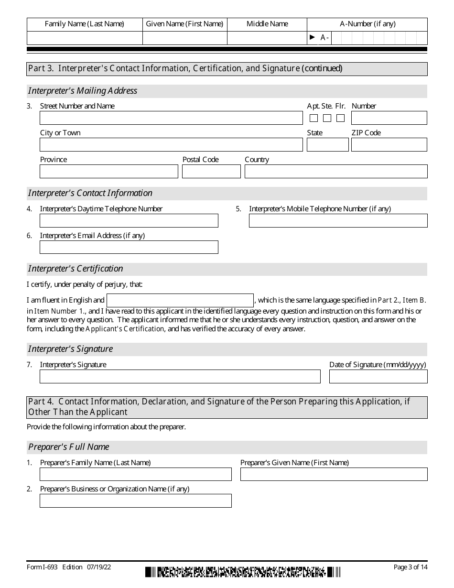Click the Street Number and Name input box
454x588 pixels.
point(171,118)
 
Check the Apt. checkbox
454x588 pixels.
point(314,118)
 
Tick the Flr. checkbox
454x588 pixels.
point(341,118)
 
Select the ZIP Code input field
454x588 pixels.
point(389,145)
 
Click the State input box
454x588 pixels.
point(327,145)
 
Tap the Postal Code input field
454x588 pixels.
point(211,172)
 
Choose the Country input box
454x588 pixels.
point(336,172)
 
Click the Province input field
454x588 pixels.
point(109,172)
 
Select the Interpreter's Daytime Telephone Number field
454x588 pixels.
point(129,220)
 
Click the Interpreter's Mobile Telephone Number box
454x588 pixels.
point(338,220)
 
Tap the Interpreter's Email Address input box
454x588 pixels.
point(129,247)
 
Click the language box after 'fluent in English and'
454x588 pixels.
point(180,300)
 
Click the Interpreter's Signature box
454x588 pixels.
point(180,377)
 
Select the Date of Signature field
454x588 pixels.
point(378,377)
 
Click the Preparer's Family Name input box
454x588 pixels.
point(136,474)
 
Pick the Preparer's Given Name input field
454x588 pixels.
point(334,474)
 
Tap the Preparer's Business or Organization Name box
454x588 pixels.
point(136,501)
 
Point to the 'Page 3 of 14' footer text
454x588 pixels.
point(410,567)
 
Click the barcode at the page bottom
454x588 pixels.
point(243,572)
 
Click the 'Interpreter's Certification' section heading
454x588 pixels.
point(76,269)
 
